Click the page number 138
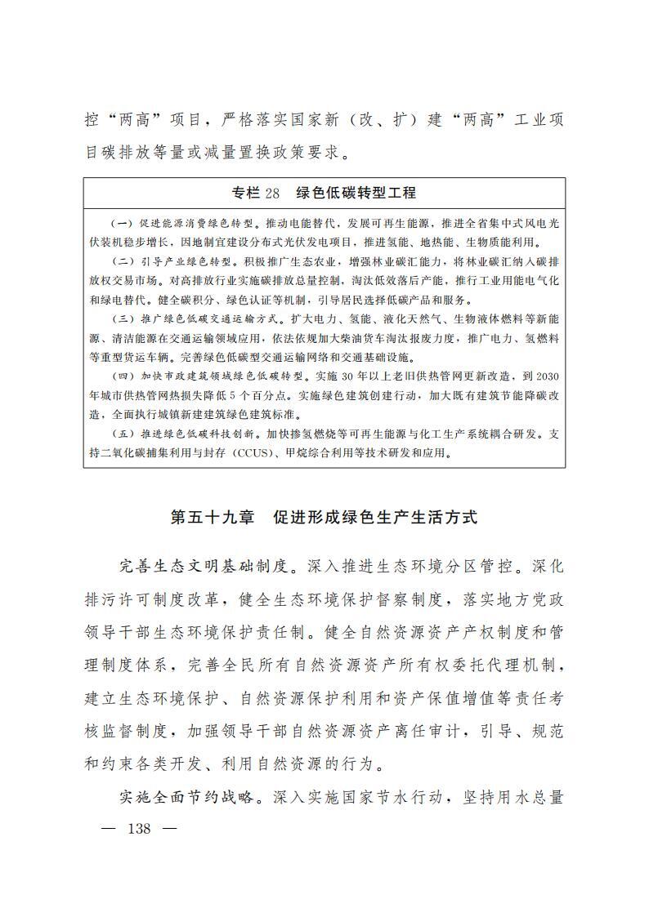(139, 828)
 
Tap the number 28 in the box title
(272, 193)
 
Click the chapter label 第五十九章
(213, 518)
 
